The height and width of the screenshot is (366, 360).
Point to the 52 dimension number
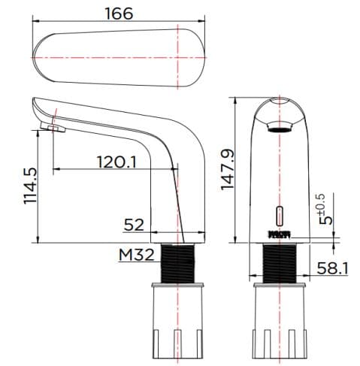tap(134, 223)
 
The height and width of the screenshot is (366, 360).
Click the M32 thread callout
tap(136, 255)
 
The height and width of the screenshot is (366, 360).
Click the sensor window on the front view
tap(280, 214)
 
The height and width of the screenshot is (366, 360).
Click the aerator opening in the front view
tap(280, 129)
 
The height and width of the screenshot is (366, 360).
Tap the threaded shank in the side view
tap(181, 262)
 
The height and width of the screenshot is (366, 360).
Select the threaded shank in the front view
tap(280, 262)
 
